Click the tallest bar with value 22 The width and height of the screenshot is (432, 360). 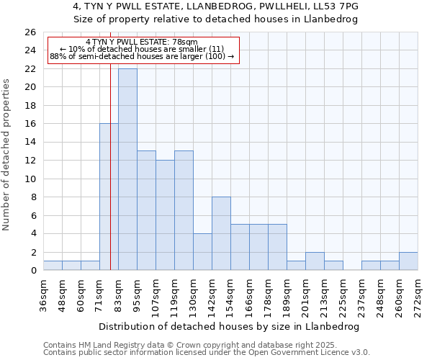pos(127,169)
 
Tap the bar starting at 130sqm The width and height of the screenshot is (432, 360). pos(202,251)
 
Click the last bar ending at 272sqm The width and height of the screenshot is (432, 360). pos(408,261)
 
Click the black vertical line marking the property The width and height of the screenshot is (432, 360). pos(110,166)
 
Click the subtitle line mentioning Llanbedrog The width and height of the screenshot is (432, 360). pos(216,19)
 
